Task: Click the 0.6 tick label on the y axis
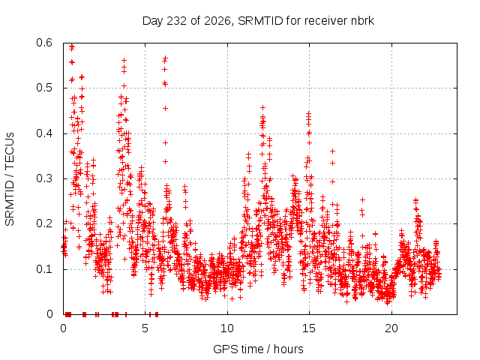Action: pyautogui.click(x=44, y=43)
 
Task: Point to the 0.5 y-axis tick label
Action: pyautogui.click(x=44, y=88)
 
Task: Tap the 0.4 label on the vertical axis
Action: pyautogui.click(x=44, y=133)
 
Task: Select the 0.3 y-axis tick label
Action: pyautogui.click(x=44, y=178)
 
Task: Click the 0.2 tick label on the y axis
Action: pyautogui.click(x=44, y=223)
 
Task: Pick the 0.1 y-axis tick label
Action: pyautogui.click(x=44, y=269)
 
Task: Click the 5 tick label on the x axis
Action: pyautogui.click(x=145, y=328)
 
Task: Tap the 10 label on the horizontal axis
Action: pyautogui.click(x=226, y=328)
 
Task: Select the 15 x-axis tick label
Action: pyautogui.click(x=309, y=328)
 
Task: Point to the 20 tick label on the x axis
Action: pyautogui.click(x=391, y=328)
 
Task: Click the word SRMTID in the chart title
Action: pyautogui.click(x=260, y=21)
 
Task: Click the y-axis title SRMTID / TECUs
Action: pyautogui.click(x=10, y=179)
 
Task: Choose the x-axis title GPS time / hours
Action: pyautogui.click(x=258, y=349)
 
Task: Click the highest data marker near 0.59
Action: pyautogui.click(x=72, y=46)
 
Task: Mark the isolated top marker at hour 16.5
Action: pyautogui.click(x=332, y=151)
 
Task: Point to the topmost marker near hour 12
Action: pyautogui.click(x=262, y=107)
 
